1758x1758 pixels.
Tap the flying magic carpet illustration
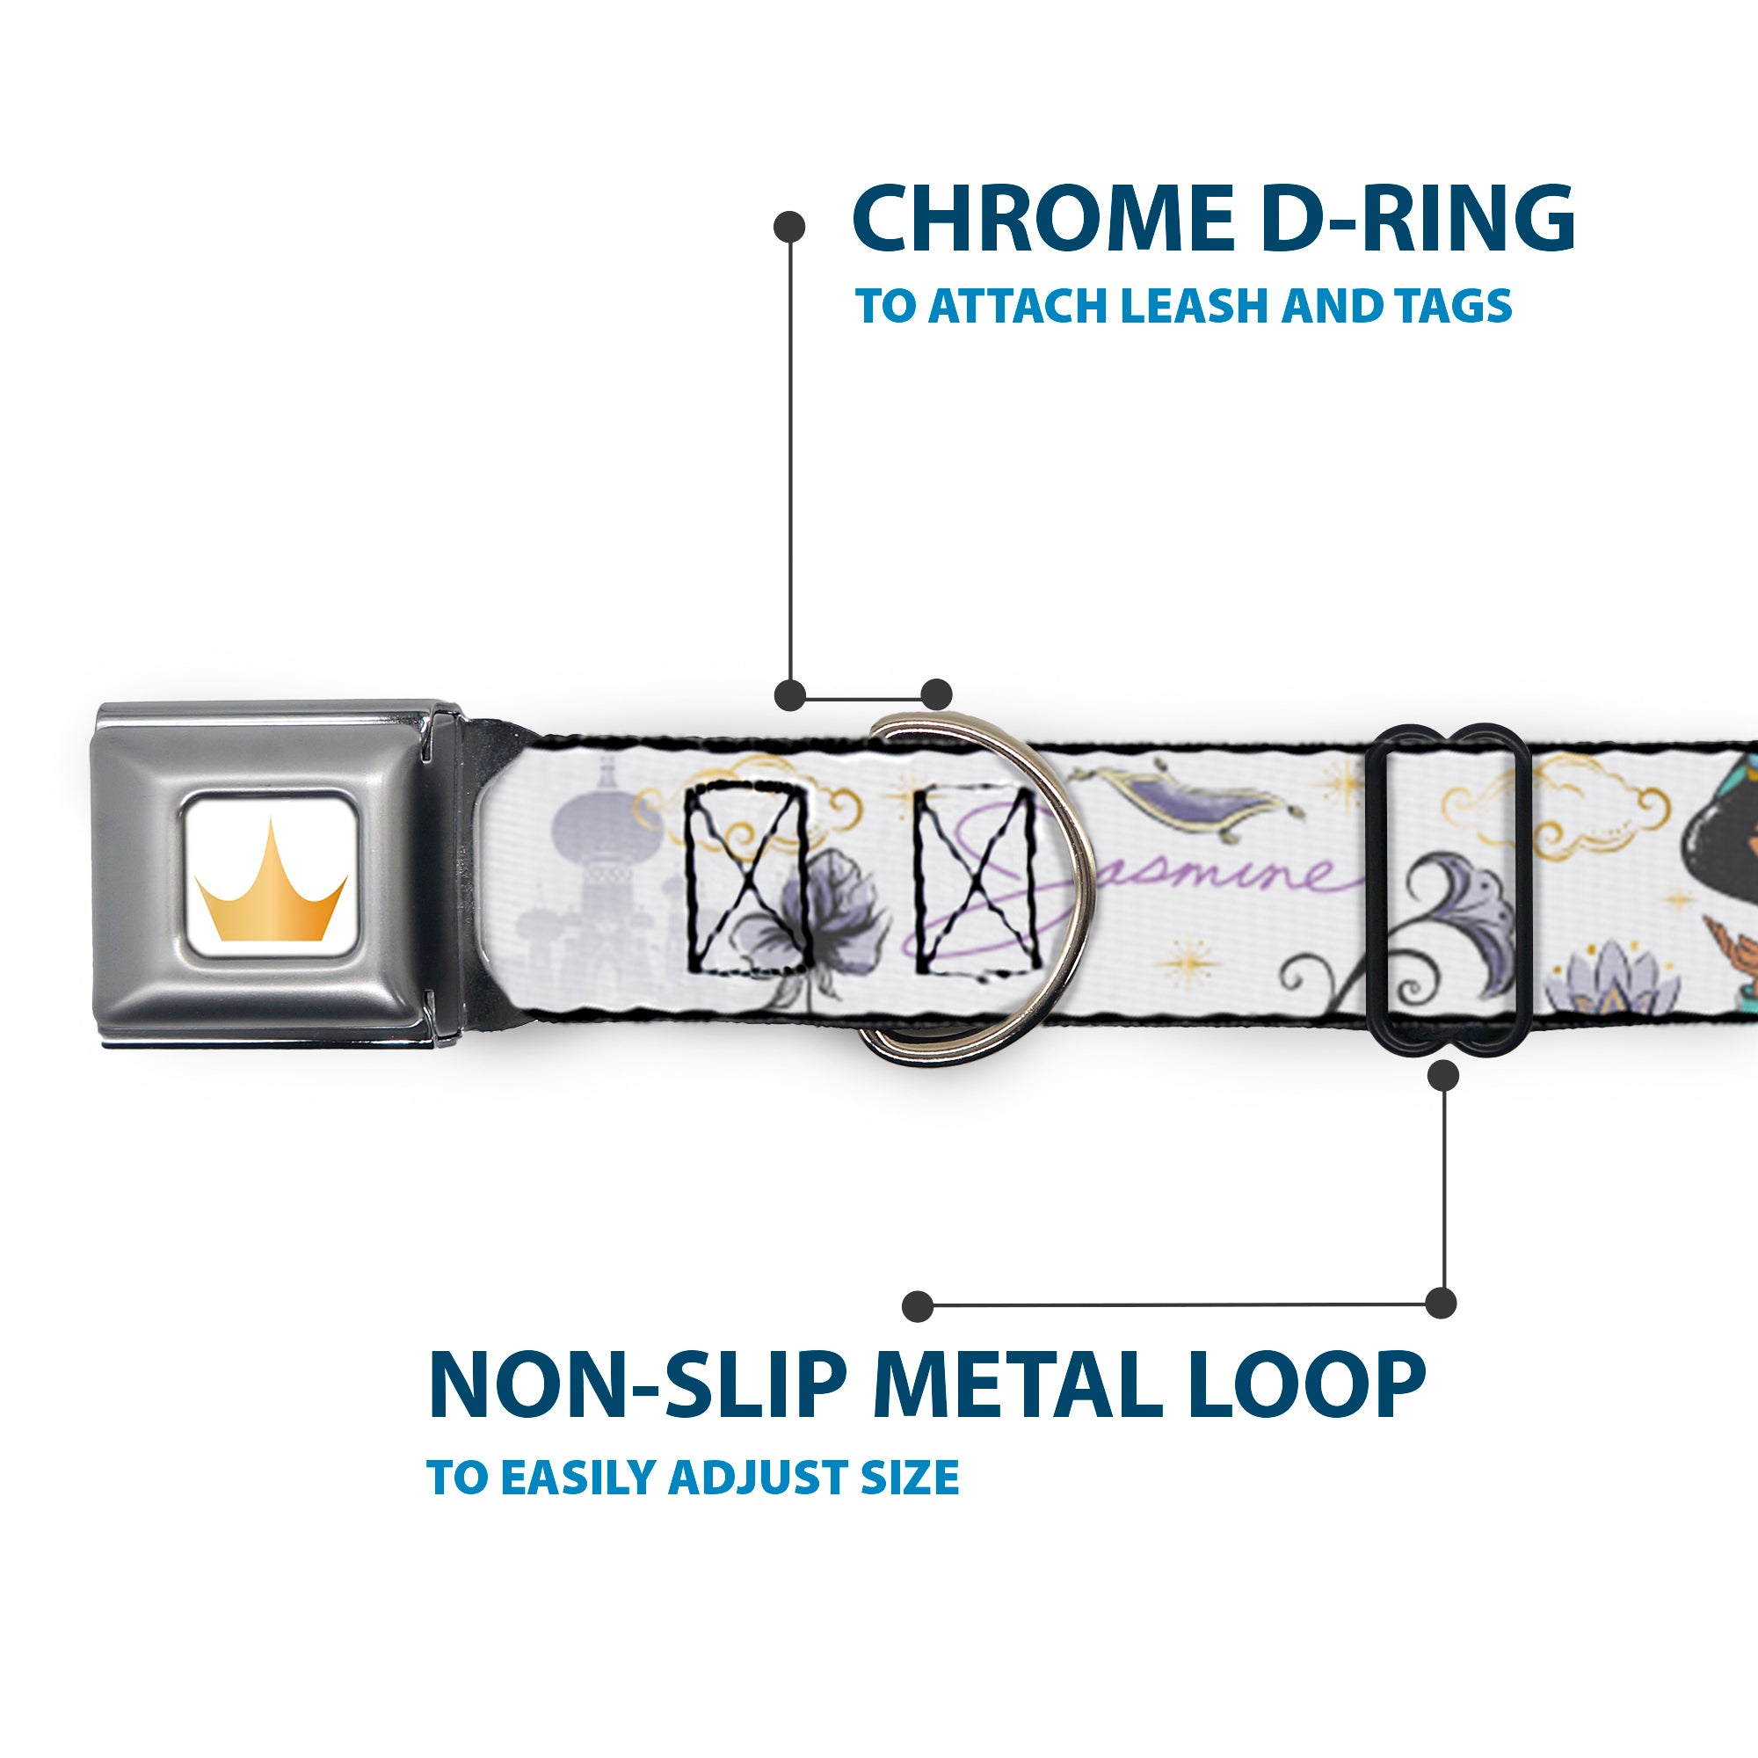(1183, 795)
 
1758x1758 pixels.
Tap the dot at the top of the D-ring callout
(789, 227)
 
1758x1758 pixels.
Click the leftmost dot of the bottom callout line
(919, 1306)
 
